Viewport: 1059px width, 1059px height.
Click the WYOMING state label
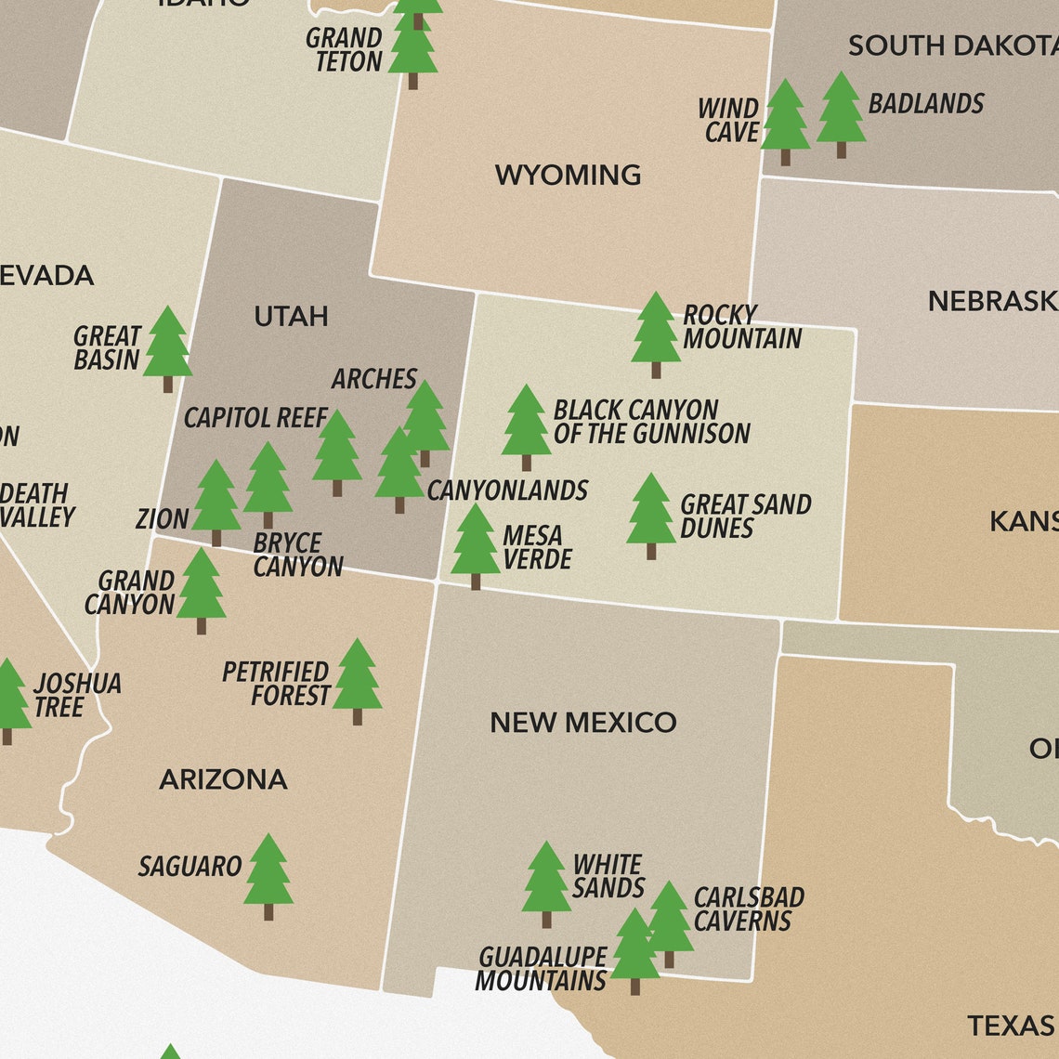point(568,175)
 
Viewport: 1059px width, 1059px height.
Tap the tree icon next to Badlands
point(841,113)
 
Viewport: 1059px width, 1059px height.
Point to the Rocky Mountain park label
point(741,327)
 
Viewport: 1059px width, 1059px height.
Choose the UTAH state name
point(291,317)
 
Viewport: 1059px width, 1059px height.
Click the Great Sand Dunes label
point(745,516)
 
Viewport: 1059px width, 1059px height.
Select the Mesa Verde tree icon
point(476,544)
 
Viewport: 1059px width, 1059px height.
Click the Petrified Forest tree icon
point(357,679)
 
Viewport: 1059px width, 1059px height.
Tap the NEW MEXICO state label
point(582,722)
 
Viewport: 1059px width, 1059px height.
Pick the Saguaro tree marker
point(268,874)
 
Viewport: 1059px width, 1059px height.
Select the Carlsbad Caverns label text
point(748,909)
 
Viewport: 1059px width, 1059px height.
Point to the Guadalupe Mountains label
point(542,969)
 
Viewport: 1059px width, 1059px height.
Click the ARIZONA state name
point(223,779)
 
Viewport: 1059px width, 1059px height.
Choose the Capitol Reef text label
point(255,418)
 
